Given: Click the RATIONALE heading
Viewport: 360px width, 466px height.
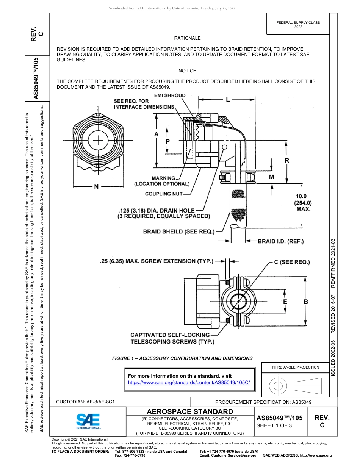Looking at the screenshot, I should pos(187,38).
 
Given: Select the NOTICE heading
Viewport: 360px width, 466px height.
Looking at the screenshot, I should pos(187,71).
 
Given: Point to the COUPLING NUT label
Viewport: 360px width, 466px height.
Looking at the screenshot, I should pos(164,194).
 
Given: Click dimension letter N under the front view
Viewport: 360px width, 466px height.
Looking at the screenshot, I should pos(96,186).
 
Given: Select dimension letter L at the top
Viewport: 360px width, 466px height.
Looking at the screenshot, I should pos(228,100).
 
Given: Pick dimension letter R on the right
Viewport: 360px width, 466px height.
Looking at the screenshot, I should pos(287,161).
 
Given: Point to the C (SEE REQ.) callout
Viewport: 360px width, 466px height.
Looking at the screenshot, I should pos(292,262).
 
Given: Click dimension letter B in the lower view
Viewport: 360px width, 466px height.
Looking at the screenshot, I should pos(305,302).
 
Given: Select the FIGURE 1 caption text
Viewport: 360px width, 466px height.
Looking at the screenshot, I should pos(183,358).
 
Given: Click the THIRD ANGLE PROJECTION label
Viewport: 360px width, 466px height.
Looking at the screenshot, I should pos(295,367).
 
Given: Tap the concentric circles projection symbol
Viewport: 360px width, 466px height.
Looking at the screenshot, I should pos(278,386).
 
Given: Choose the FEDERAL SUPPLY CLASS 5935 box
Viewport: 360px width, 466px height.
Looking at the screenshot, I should pos(298,25).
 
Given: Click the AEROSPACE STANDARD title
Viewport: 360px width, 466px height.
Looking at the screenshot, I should pos(190,411).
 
